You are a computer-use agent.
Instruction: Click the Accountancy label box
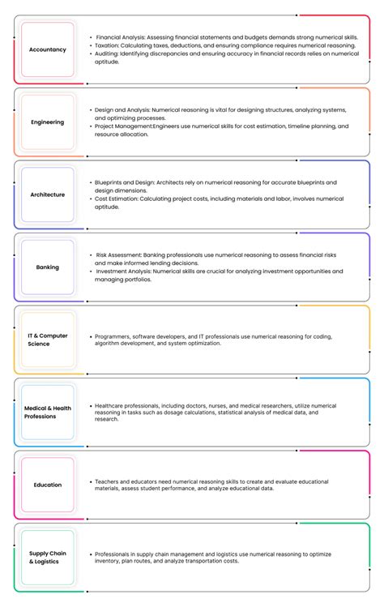[48, 49]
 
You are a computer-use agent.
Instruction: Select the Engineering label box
[48, 122]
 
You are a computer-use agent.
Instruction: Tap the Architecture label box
[48, 194]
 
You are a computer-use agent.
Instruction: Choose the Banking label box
[48, 267]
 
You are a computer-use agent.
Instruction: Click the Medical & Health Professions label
[48, 413]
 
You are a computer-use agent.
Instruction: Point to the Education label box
[48, 485]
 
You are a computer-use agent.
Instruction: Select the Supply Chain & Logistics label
[48, 558]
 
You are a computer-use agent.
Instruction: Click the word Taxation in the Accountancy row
[109, 45]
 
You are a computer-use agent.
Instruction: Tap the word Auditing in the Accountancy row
[109, 53]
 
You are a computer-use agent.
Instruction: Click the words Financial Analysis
[120, 37]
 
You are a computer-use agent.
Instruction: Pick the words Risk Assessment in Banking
[118, 255]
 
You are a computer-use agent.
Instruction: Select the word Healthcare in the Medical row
[111, 405]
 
